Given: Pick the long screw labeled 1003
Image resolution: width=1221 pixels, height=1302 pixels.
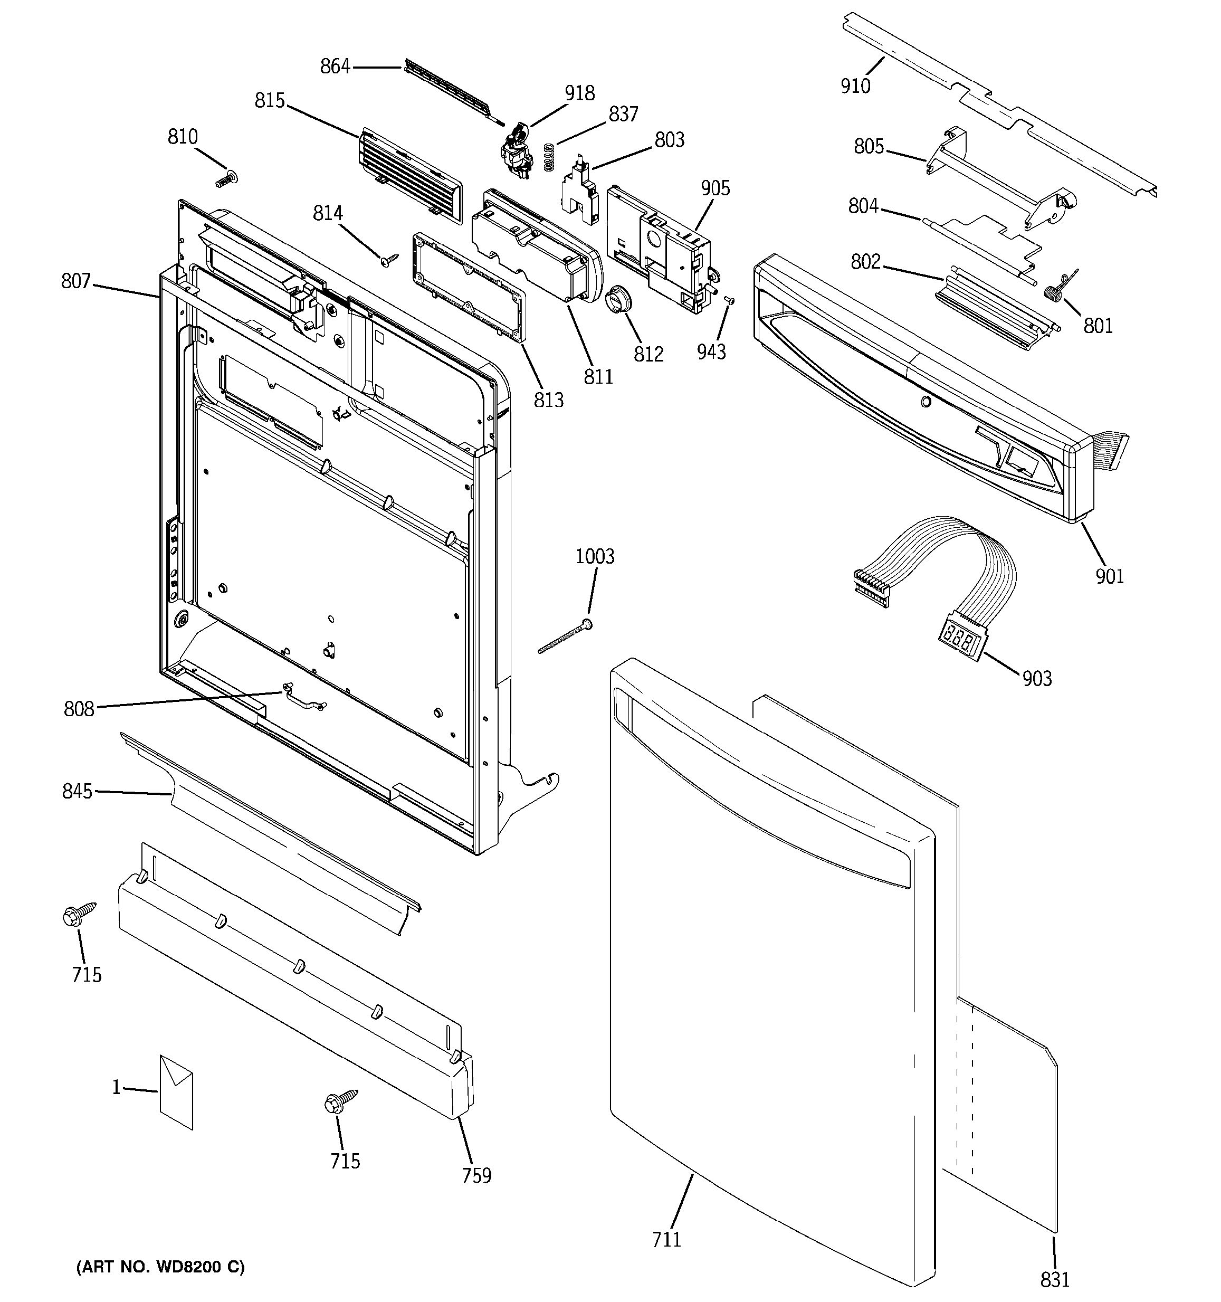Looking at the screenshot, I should tap(565, 639).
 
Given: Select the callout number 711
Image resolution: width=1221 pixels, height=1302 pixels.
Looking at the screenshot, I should tap(666, 1239).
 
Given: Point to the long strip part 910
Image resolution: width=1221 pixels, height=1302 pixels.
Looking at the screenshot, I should tap(995, 105).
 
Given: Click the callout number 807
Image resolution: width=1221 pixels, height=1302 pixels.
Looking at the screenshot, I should tap(76, 282).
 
